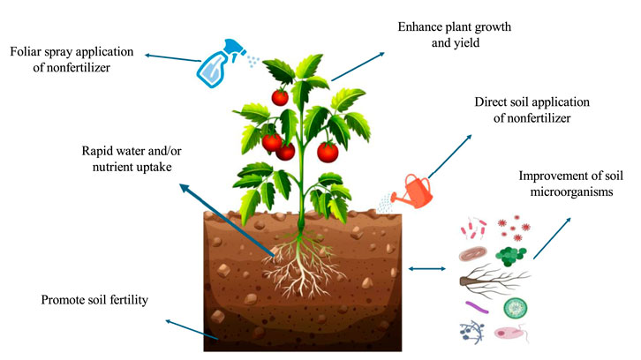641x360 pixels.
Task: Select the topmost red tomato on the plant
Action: (280, 96)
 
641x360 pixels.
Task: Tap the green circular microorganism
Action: (516, 308)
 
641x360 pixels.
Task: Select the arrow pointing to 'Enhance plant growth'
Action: (358, 66)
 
